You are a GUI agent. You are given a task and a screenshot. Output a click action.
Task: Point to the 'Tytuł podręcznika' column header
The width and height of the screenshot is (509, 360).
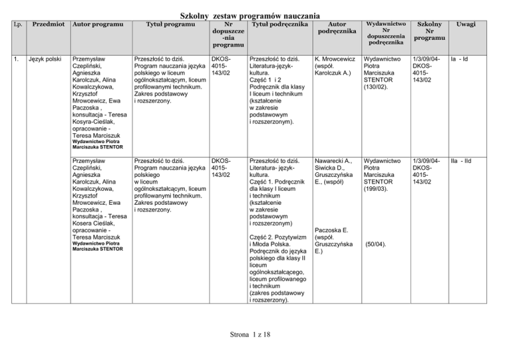(x=277, y=25)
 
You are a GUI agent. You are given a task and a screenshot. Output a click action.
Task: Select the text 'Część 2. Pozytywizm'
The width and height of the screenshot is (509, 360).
(x=276, y=237)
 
